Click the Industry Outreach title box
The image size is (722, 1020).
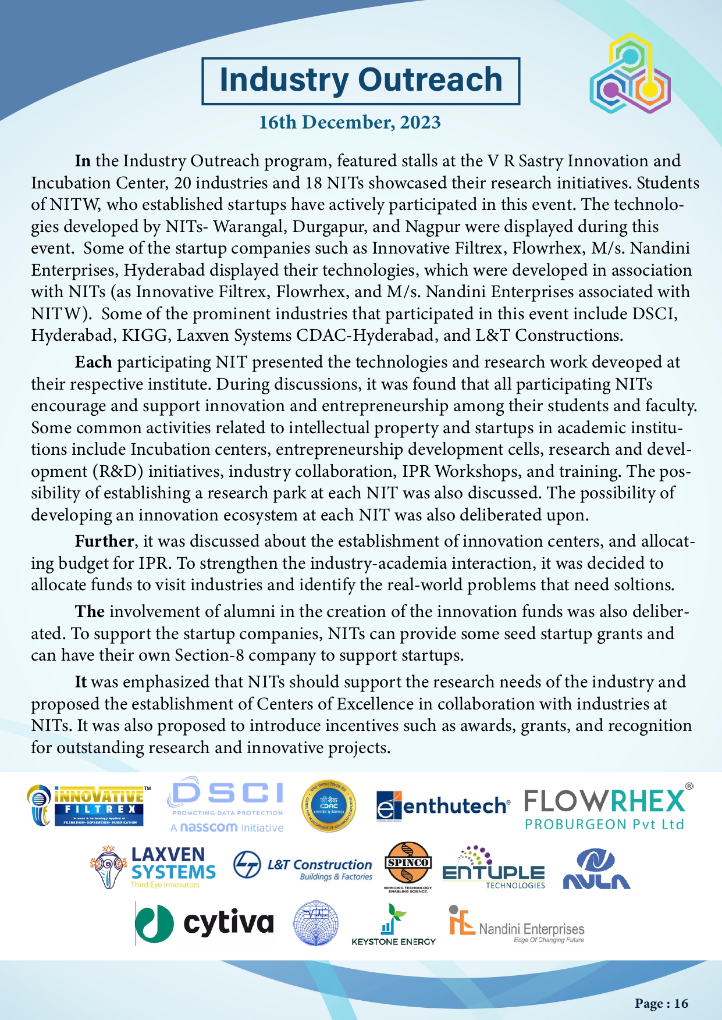[361, 81]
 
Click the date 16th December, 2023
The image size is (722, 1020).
[350, 123]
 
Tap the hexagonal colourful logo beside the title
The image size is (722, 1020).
[630, 74]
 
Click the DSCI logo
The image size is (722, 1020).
[226, 805]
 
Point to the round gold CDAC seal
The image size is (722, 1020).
[329, 805]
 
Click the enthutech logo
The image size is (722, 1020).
[443, 807]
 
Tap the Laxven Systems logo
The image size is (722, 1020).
[153, 867]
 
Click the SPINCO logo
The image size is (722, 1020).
[408, 866]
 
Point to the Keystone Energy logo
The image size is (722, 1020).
[394, 925]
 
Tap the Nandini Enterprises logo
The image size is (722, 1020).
[517, 925]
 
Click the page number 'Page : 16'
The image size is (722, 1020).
[661, 1003]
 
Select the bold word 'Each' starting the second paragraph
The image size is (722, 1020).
[93, 362]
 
